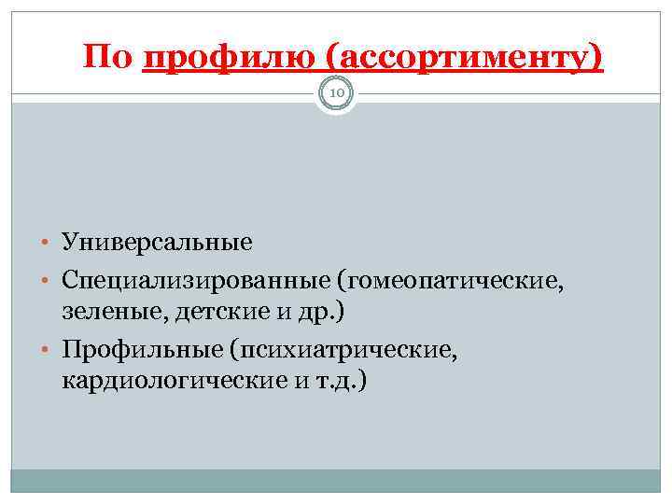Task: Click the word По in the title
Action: point(108,58)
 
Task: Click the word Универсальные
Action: point(158,243)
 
